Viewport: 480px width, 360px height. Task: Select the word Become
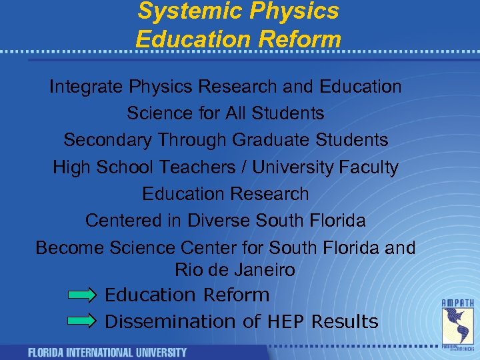[x=69, y=247]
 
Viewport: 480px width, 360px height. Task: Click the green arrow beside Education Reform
[x=84, y=295]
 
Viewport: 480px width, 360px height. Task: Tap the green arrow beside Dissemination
[x=84, y=321]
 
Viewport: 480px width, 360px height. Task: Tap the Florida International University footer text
[x=107, y=352]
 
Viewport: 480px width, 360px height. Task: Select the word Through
[x=194, y=140]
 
